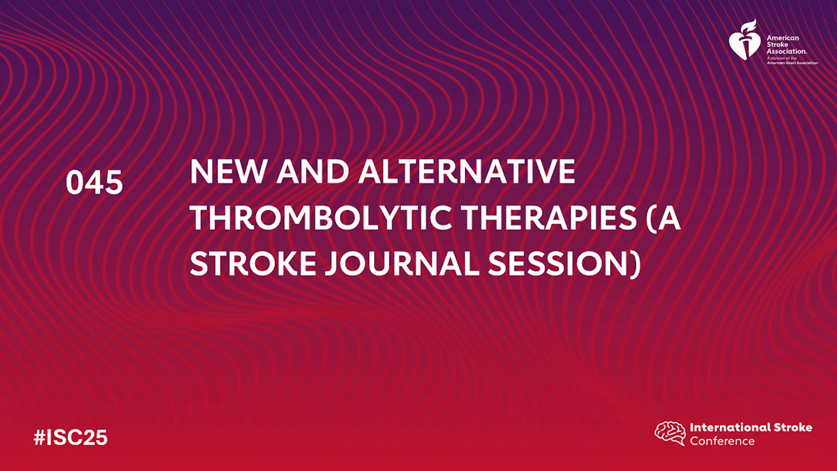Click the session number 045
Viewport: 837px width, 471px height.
click(94, 182)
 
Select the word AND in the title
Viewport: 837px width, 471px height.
click(313, 171)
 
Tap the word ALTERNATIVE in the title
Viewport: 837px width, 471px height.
click(467, 171)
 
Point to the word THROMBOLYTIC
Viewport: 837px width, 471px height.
click(321, 218)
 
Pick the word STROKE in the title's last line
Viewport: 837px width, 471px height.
click(253, 264)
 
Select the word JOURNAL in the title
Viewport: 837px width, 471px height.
click(402, 264)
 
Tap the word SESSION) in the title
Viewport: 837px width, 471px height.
click(565, 264)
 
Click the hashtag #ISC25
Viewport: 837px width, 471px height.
click(71, 437)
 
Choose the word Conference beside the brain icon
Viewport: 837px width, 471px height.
click(722, 441)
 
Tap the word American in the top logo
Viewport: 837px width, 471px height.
click(783, 38)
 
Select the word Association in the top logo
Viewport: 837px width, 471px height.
click(786, 51)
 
